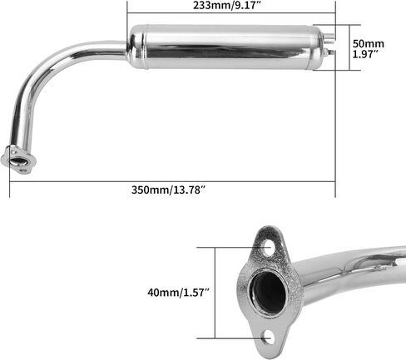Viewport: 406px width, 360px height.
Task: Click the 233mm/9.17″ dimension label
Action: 227,5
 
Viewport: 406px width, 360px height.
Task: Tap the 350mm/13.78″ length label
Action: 168,190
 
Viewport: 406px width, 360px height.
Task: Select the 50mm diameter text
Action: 369,44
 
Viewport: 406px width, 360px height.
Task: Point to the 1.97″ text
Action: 366,54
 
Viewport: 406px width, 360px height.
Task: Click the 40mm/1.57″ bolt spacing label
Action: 178,293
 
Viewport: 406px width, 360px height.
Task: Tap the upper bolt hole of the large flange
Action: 268,249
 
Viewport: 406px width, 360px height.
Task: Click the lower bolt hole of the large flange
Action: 268,336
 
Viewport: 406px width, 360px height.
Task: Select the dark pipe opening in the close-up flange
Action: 268,292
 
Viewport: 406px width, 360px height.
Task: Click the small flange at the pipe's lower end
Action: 18,160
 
